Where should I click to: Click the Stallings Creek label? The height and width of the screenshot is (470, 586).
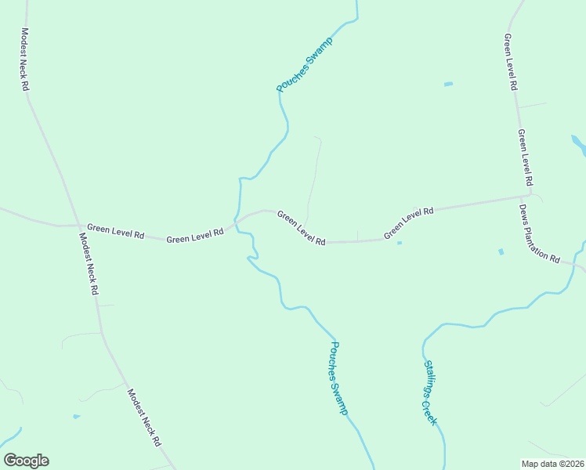[x=430, y=393]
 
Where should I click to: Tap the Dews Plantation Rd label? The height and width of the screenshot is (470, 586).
[x=540, y=233]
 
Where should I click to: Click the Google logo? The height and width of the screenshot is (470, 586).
[x=26, y=461]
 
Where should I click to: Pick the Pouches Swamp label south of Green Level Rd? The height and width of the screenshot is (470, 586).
[x=338, y=378]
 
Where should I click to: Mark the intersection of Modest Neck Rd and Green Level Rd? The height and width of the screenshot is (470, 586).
[x=76, y=225]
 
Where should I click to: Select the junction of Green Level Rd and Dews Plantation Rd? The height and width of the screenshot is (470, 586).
[x=530, y=197]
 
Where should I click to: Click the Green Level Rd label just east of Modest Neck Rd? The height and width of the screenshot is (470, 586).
[x=116, y=232]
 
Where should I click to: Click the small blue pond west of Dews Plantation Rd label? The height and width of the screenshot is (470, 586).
[x=501, y=251]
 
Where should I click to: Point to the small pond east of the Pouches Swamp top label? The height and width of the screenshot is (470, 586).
[x=448, y=84]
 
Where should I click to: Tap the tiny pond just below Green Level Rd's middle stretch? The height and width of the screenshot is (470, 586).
[x=400, y=243]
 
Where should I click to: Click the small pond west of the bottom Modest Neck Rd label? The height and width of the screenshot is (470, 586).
[x=76, y=416]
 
